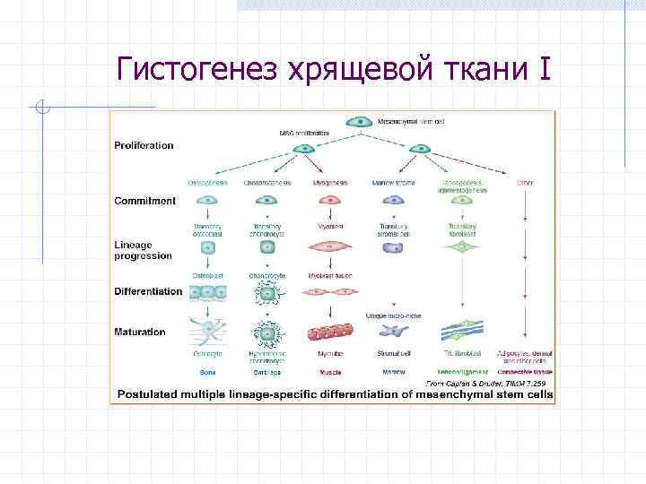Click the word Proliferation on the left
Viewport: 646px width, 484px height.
pyautogui.click(x=144, y=145)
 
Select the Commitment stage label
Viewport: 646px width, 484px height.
pyautogui.click(x=144, y=201)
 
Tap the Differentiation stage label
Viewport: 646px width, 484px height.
pyautogui.click(x=148, y=291)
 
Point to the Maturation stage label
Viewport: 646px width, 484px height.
pyautogui.click(x=140, y=333)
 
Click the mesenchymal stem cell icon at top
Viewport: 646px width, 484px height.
pyautogui.click(x=361, y=120)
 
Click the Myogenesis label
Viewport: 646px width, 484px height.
pyautogui.click(x=330, y=184)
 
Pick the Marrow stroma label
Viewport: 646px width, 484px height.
pyautogui.click(x=390, y=184)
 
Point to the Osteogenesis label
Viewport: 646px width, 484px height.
pyautogui.click(x=208, y=184)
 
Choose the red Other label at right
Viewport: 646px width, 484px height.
pyautogui.click(x=525, y=184)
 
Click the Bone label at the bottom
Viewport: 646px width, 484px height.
pyautogui.click(x=207, y=371)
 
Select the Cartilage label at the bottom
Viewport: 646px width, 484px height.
pyautogui.click(x=267, y=371)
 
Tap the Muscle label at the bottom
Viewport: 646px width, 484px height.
pyautogui.click(x=330, y=371)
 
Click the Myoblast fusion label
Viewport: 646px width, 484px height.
pyautogui.click(x=331, y=274)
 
